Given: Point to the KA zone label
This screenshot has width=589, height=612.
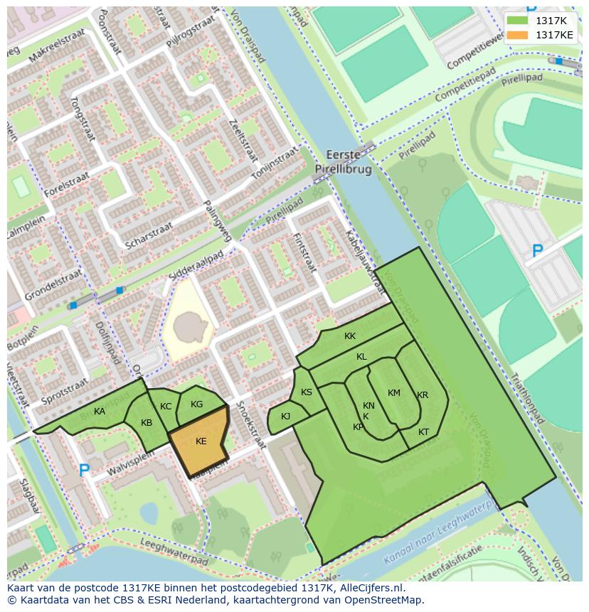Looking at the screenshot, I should [x=100, y=412].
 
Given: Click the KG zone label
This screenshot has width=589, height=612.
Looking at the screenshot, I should [x=197, y=404].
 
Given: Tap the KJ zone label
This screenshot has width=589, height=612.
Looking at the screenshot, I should [x=285, y=417].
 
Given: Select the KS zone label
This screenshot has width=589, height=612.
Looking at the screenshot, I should [x=307, y=392].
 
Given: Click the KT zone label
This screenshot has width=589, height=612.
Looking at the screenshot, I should [x=423, y=432].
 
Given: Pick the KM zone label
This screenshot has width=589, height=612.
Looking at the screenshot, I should [x=394, y=393].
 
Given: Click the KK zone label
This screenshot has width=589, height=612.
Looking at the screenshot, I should [x=350, y=336].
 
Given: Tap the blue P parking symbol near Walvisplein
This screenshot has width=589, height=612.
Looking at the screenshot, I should [x=84, y=471].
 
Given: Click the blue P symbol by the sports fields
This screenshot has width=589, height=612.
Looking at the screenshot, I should [x=538, y=252].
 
